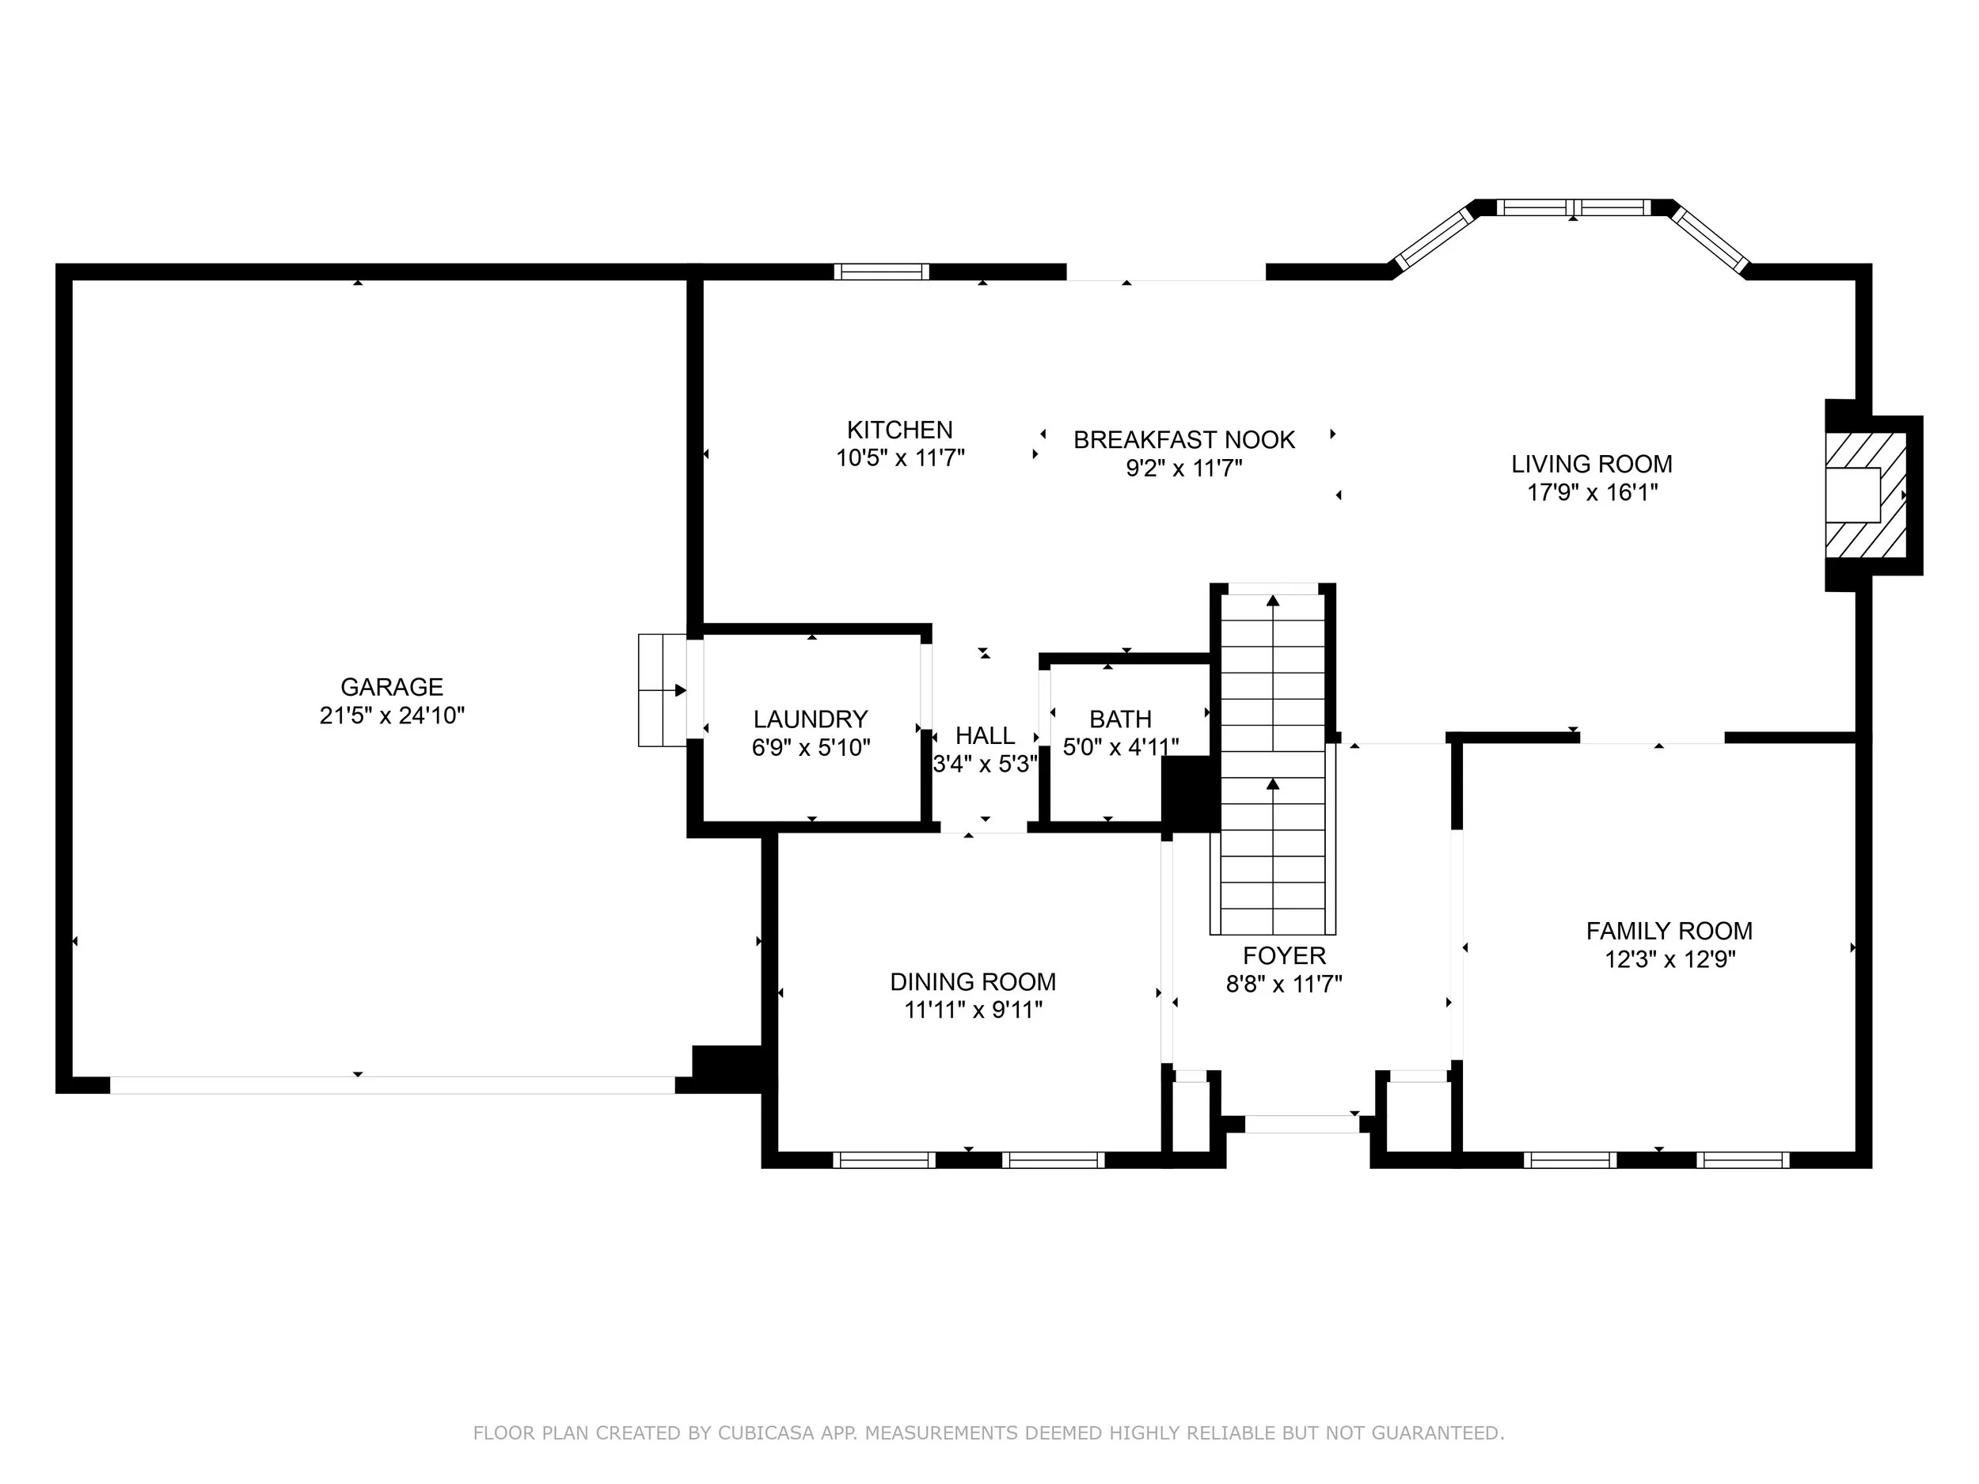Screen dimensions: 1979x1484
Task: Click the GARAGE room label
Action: [x=392, y=687]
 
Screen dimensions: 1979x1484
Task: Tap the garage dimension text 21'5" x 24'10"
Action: [x=392, y=715]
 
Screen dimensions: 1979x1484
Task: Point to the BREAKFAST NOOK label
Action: [x=1183, y=440]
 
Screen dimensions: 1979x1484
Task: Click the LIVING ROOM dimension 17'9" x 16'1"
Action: [x=1592, y=492]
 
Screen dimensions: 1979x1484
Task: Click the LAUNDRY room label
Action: [x=811, y=719]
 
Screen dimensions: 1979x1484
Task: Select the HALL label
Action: [x=985, y=735]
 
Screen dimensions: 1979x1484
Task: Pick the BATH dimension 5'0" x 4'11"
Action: [x=1120, y=747]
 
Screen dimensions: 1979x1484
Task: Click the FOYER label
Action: [x=1284, y=955]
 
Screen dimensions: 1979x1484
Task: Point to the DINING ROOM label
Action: [x=973, y=981]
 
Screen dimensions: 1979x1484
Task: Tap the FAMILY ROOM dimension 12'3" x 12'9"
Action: [x=1669, y=959]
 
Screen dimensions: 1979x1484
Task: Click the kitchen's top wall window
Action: [x=881, y=272]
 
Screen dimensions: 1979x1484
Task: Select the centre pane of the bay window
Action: [x=1574, y=207]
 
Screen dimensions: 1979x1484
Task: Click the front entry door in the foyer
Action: [x=1301, y=1125]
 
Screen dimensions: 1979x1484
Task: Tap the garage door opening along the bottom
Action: [x=392, y=1085]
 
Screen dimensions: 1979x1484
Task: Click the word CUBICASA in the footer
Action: [x=765, y=1433]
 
